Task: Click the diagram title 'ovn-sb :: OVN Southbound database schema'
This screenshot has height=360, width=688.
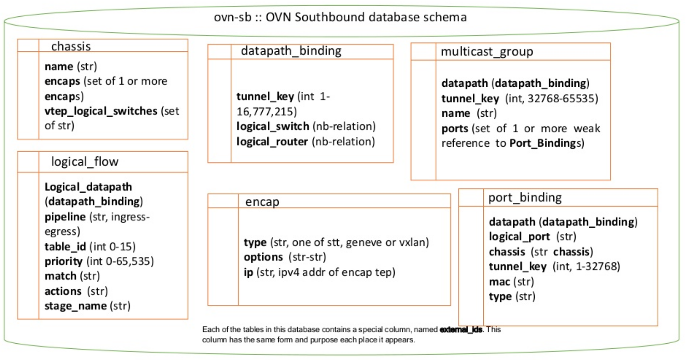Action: [340, 17]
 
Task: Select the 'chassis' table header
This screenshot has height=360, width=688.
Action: [71, 46]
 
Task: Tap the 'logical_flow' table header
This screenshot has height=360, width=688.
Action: [84, 162]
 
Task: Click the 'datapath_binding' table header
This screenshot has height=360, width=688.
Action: [291, 51]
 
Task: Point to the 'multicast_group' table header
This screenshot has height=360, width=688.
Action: [486, 51]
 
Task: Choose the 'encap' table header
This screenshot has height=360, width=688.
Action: [262, 202]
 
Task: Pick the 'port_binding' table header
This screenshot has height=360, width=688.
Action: [525, 197]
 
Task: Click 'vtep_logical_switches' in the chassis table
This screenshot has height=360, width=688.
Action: [101, 111]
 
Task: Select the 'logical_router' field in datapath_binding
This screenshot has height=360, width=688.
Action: [272, 142]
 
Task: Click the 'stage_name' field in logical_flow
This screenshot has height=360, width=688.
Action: [75, 306]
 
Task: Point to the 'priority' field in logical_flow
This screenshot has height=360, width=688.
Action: [63, 261]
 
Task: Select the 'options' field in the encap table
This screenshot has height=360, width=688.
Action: [263, 257]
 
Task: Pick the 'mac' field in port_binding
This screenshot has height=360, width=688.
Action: [499, 281]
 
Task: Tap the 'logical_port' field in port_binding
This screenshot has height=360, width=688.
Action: [519, 237]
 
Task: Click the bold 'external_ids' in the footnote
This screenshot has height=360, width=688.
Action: [461, 330]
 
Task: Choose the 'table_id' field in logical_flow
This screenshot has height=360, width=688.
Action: [65, 246]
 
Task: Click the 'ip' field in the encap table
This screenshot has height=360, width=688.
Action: [248, 272]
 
